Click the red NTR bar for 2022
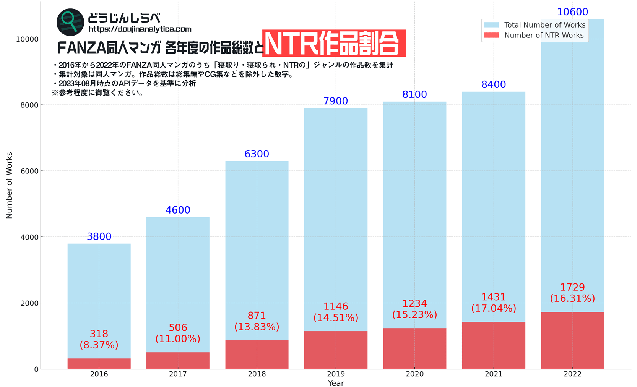[x=572, y=340]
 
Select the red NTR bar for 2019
[x=336, y=350]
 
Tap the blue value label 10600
[x=572, y=12]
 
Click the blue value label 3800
[x=99, y=236]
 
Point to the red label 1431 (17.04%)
[x=494, y=303]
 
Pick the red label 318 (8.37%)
[x=99, y=339]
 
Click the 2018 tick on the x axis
[x=257, y=374]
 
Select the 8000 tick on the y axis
[x=29, y=105]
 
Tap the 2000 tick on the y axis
[x=29, y=303]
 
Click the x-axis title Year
[x=336, y=383]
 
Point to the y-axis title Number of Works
[x=9, y=185]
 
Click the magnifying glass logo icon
[x=70, y=22]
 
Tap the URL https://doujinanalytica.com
[x=140, y=29]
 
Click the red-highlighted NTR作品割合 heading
[x=334, y=43]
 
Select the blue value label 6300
[x=257, y=154]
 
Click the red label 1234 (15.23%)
[x=414, y=309]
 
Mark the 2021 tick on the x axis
[x=494, y=374]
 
